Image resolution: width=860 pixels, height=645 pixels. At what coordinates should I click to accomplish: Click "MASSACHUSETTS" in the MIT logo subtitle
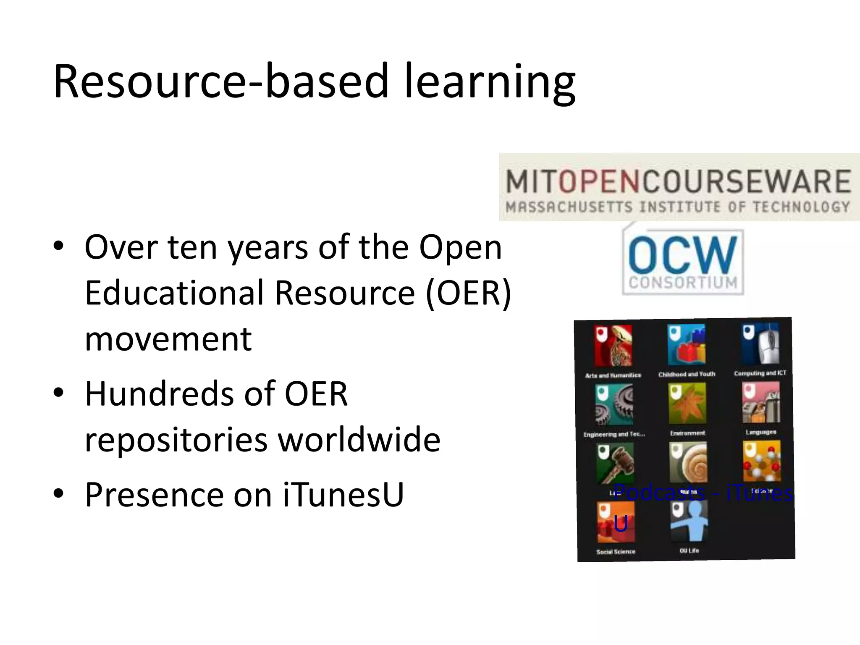pyautogui.click(x=569, y=207)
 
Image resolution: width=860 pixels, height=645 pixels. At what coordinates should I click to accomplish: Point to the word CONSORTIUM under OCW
pyautogui.click(x=683, y=282)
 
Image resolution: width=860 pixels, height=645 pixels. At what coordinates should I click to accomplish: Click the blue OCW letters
pyautogui.click(x=682, y=254)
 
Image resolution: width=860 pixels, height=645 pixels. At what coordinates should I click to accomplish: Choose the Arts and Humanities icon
pyautogui.click(x=613, y=346)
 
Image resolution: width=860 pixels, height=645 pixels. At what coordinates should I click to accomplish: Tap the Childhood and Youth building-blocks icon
pyautogui.click(x=687, y=344)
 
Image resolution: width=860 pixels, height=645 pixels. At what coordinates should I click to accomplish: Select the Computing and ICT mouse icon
pyautogui.click(x=760, y=343)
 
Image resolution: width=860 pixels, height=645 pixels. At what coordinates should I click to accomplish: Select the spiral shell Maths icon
pyautogui.click(x=688, y=462)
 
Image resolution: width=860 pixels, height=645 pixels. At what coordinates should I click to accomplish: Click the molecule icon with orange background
pyautogui.click(x=762, y=461)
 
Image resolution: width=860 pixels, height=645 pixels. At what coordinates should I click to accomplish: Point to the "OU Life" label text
pyautogui.click(x=689, y=551)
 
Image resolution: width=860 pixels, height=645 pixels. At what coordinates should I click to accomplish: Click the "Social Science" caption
pyautogui.click(x=616, y=552)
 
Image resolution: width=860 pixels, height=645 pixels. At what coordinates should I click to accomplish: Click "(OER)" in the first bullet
pyautogui.click(x=468, y=293)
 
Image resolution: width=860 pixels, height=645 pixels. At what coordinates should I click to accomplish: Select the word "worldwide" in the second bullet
pyautogui.click(x=359, y=439)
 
